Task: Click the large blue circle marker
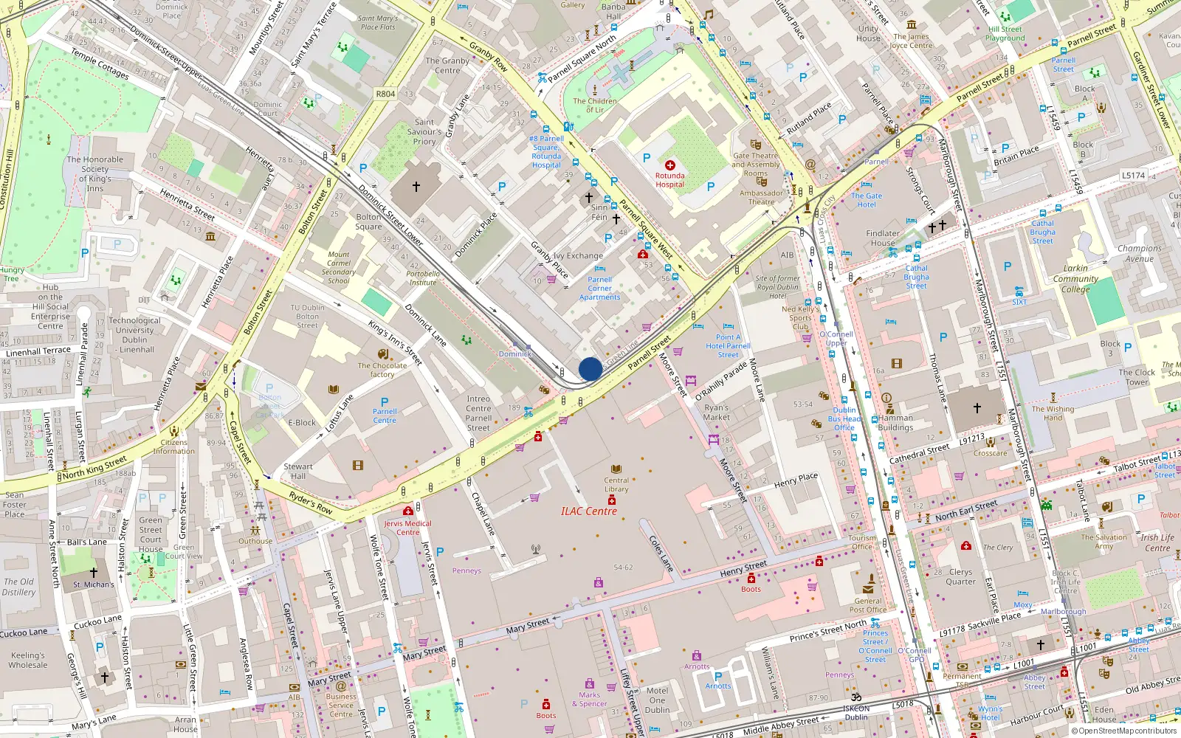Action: tap(590, 369)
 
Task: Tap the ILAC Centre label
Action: tap(588, 511)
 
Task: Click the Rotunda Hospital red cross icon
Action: tap(670, 165)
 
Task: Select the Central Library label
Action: tap(616, 484)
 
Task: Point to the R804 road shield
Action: tap(385, 94)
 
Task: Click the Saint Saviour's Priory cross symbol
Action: tap(416, 187)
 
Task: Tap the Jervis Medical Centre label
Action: tap(407, 528)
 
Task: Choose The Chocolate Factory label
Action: tap(382, 370)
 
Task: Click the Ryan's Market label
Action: tap(716, 412)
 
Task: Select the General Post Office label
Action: tap(868, 605)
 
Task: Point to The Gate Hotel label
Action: tap(867, 200)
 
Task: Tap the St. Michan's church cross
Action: tap(94, 572)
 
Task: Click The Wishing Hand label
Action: tap(1053, 413)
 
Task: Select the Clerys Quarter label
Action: tap(960, 576)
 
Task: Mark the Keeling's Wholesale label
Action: tap(28, 660)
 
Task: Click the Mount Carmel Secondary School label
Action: tap(339, 267)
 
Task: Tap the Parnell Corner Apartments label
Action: tap(600, 289)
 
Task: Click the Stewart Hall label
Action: tap(298, 471)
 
